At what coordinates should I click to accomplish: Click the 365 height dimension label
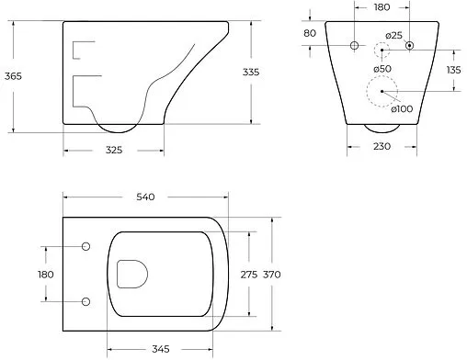point(13,76)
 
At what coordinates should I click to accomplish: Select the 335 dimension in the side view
point(251,72)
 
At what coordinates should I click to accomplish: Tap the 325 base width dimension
point(114,150)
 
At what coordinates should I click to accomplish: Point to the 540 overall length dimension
point(145,197)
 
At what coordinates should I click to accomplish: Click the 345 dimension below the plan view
point(161,349)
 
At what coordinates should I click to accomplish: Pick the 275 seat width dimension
point(249,275)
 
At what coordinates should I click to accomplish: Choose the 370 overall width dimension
point(272,275)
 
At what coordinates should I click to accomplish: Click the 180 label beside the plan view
point(46,275)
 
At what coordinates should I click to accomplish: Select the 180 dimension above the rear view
point(382,7)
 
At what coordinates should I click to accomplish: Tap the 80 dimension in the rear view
point(310,33)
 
